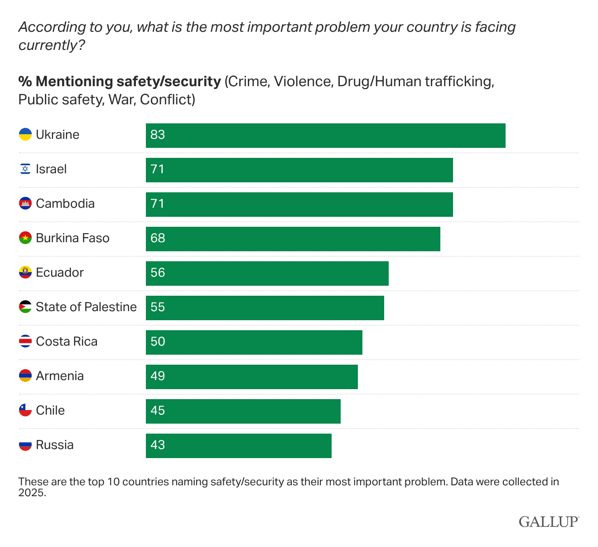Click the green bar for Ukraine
click(325, 135)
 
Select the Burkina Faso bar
click(293, 239)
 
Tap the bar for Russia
click(238, 445)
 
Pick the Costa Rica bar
click(254, 342)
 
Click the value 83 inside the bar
click(158, 135)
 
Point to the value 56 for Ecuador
click(158, 273)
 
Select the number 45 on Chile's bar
click(158, 411)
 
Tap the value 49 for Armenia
click(158, 376)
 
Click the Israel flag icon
click(25, 169)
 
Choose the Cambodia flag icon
click(25, 204)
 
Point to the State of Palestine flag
click(25, 307)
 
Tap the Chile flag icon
click(25, 410)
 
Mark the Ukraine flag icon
click(25, 135)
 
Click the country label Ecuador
click(60, 273)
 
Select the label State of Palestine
click(86, 307)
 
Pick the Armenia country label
click(60, 376)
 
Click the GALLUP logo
click(549, 522)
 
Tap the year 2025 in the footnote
click(32, 493)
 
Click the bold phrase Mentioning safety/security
click(128, 82)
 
